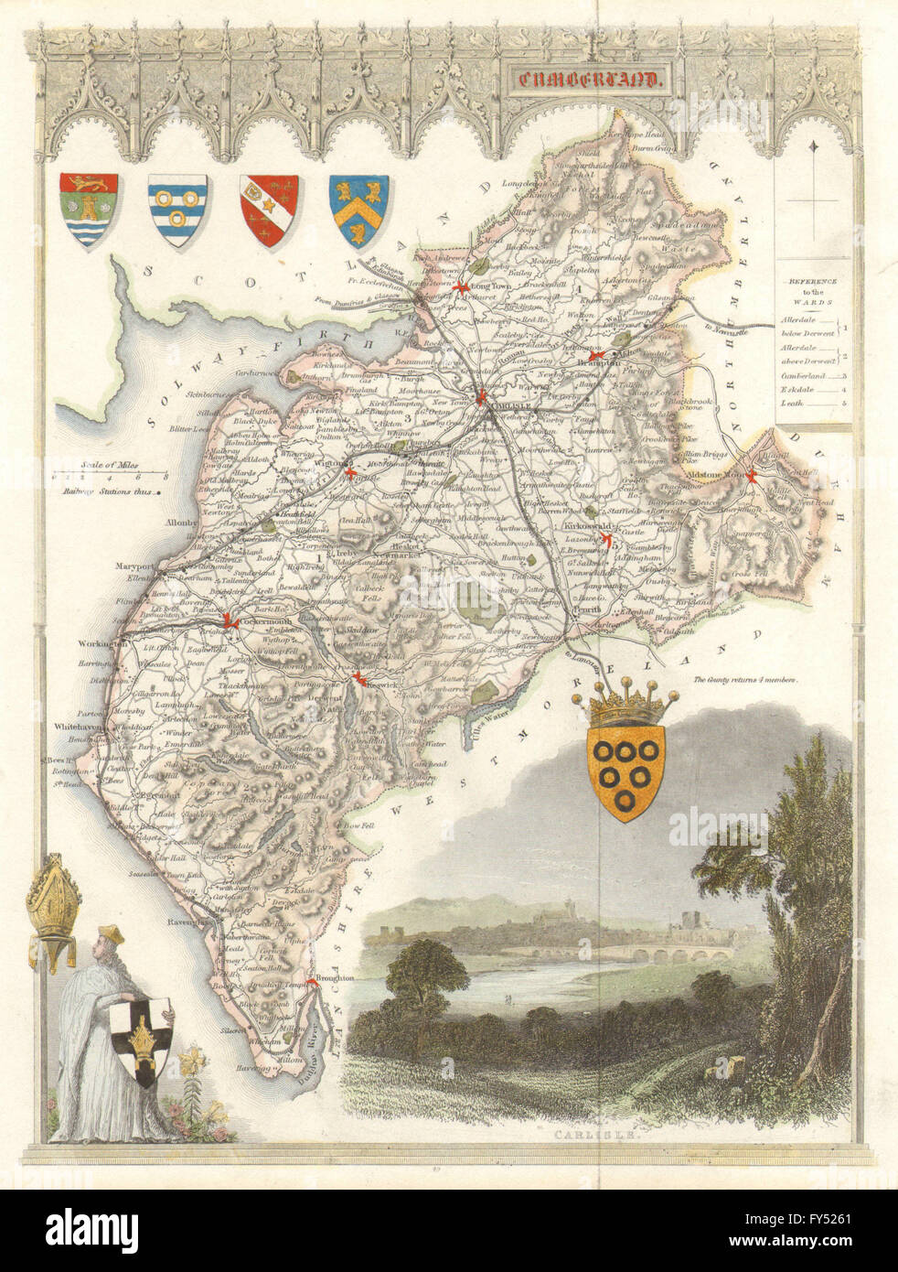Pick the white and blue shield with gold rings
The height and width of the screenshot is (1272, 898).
[176, 210]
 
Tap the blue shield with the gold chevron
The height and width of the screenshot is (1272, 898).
[360, 210]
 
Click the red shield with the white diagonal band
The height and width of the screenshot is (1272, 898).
[267, 210]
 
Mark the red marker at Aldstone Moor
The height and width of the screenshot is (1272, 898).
[750, 474]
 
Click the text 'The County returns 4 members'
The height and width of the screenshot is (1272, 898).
[746, 680]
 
